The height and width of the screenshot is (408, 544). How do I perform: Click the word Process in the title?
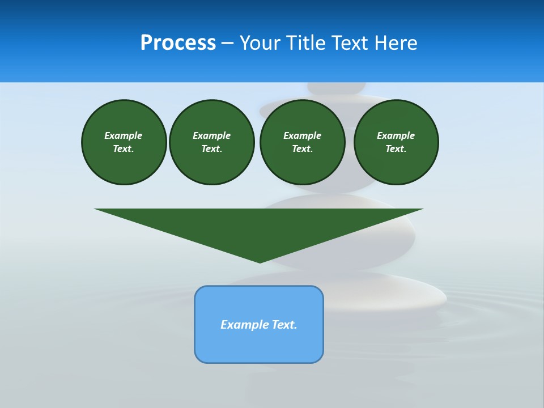(x=178, y=43)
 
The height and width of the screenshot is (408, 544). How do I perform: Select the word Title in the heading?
(x=305, y=43)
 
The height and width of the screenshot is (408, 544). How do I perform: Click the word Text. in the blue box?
(x=284, y=325)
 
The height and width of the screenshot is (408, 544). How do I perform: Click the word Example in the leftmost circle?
(x=124, y=135)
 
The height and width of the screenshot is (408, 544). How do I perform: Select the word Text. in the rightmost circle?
(x=396, y=148)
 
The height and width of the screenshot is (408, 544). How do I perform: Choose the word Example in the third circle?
(x=302, y=135)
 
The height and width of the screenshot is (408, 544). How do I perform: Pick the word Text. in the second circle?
(x=211, y=148)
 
